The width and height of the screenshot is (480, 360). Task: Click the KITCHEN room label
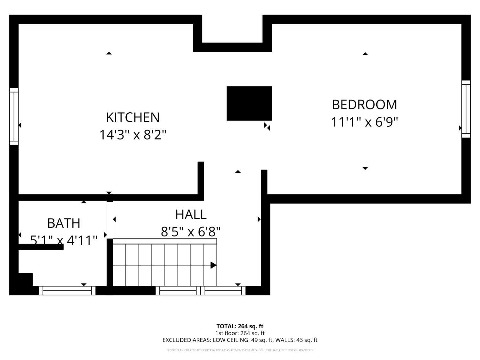(x=132, y=117)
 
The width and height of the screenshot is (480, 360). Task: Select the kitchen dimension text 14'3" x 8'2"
(x=132, y=135)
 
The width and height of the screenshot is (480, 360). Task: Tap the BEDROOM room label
(x=364, y=105)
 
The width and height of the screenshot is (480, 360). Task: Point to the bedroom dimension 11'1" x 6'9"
(x=364, y=122)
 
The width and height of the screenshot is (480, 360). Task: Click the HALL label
(x=191, y=214)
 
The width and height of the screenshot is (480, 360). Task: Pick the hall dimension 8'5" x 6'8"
(x=191, y=231)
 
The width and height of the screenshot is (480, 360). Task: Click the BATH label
(x=64, y=223)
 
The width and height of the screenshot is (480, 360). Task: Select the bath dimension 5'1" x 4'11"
(x=64, y=240)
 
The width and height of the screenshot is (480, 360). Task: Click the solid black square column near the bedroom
(x=249, y=103)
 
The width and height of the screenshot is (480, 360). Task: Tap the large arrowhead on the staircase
(x=213, y=265)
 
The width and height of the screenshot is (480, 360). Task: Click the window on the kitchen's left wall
(x=14, y=116)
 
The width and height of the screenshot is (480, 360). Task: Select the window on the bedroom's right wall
(x=466, y=109)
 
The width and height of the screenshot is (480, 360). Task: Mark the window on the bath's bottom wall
(x=67, y=291)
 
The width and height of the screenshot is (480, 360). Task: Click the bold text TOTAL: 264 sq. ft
(x=240, y=326)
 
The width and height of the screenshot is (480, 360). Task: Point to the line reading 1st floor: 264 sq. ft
(x=240, y=333)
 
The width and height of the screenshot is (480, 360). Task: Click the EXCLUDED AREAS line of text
(x=240, y=340)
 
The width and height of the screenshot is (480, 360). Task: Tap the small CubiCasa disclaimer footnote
(x=240, y=350)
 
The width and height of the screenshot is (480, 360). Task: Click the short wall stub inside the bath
(x=41, y=247)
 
